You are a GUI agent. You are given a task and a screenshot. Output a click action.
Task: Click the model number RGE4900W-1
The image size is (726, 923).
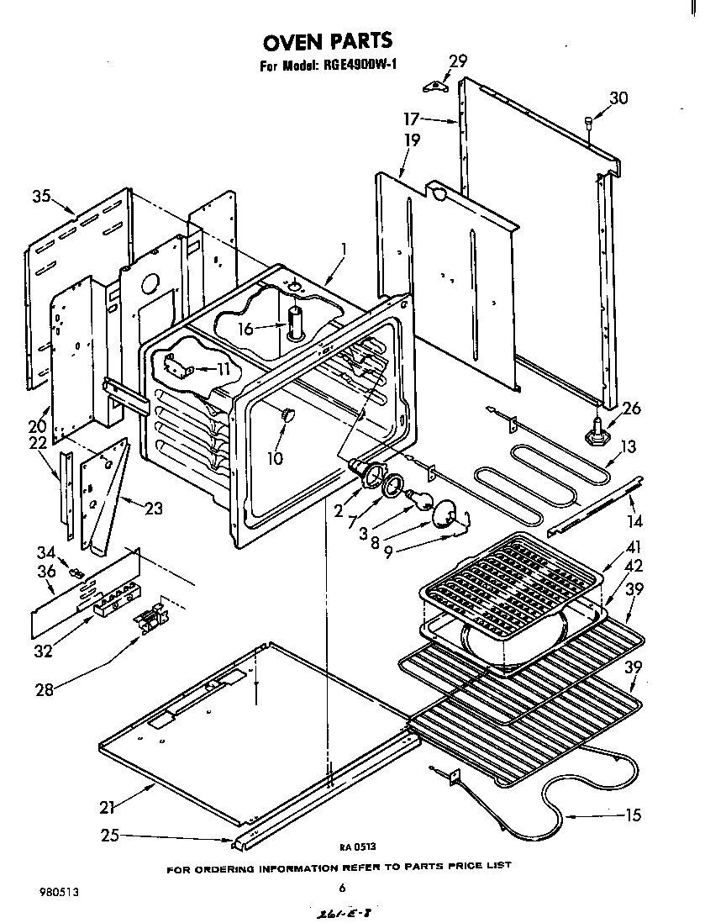[353, 66]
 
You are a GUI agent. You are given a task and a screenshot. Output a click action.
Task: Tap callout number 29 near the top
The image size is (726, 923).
[457, 61]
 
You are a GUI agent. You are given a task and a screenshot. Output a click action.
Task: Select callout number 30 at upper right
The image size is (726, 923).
[618, 98]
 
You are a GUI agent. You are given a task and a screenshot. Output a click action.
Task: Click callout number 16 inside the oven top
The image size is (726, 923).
[245, 329]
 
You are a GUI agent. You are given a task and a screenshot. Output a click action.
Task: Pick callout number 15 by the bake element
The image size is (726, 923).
[633, 815]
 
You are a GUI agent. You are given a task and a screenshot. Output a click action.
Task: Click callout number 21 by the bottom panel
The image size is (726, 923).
[106, 807]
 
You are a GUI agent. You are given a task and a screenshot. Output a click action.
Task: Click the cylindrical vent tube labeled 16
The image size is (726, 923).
[294, 324]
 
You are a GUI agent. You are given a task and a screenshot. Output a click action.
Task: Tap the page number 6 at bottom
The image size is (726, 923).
[342, 887]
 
